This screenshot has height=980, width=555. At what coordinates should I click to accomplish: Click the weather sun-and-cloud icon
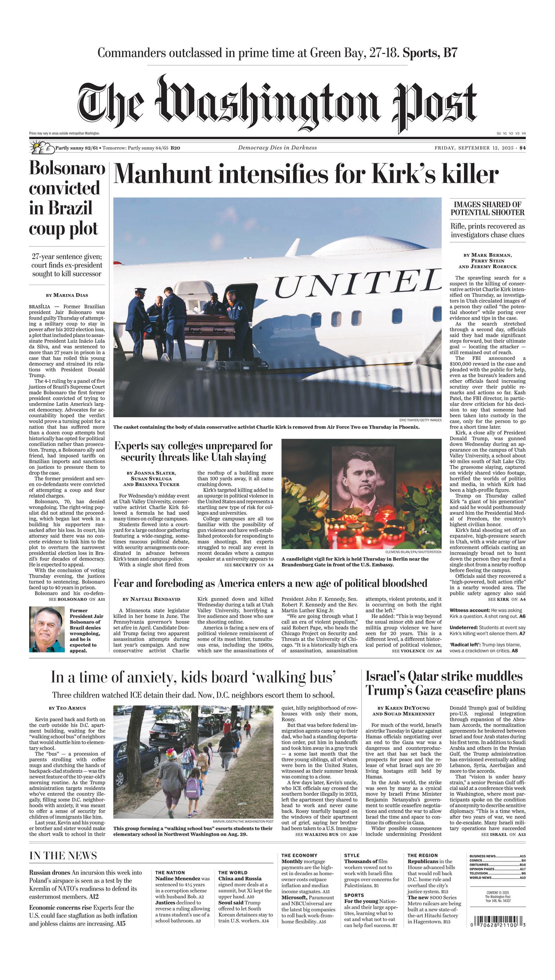click(x=41, y=148)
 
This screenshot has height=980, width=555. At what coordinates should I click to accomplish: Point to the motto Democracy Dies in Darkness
click(x=277, y=148)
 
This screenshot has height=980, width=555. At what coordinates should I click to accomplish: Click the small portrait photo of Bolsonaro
click(x=47, y=629)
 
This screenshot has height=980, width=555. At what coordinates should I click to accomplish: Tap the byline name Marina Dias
click(x=71, y=295)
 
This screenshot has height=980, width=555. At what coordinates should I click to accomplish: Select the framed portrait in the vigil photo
click(x=362, y=479)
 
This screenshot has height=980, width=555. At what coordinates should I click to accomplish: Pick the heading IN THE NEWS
click(x=63, y=855)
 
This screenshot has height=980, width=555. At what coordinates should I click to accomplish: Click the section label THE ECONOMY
click(x=299, y=855)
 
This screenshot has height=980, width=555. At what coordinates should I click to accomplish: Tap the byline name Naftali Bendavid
click(x=155, y=599)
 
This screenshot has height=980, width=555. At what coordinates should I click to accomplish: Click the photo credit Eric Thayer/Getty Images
click(x=420, y=420)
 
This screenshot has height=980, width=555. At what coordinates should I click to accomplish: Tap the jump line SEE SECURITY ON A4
click(x=249, y=565)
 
